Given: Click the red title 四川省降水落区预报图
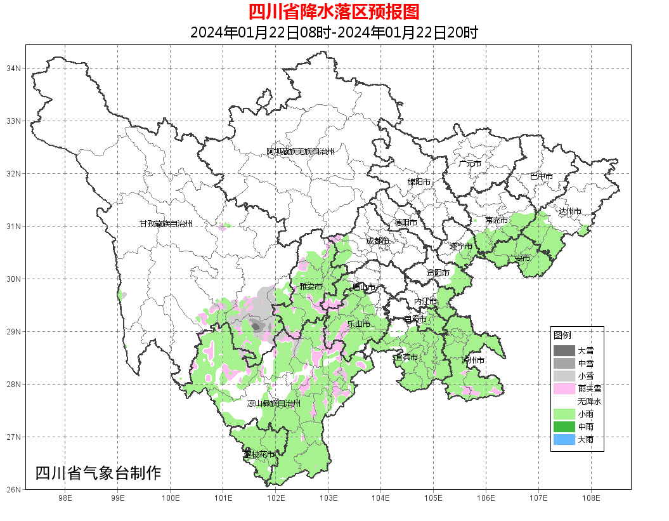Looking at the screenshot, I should click(334, 11).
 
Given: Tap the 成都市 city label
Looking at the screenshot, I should click(377, 241).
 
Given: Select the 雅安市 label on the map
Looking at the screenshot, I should click(311, 287).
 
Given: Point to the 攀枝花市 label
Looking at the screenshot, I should click(259, 454).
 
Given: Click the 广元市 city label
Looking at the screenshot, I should click(470, 164).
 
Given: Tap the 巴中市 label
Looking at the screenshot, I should click(541, 176).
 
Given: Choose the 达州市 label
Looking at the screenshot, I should click(569, 211).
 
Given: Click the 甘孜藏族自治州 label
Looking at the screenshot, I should click(166, 224).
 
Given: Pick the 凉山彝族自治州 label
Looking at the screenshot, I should click(273, 403).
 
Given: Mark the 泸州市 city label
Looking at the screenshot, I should click(473, 360).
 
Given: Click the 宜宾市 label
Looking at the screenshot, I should click(406, 357).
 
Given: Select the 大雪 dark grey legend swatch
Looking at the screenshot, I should click(564, 350).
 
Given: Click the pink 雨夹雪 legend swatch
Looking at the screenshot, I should click(564, 388).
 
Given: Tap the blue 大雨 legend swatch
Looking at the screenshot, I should click(564, 439).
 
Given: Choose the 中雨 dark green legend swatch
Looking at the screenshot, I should click(564, 426).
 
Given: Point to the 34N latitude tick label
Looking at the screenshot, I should click(14, 68).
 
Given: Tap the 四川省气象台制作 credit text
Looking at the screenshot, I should click(98, 473).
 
